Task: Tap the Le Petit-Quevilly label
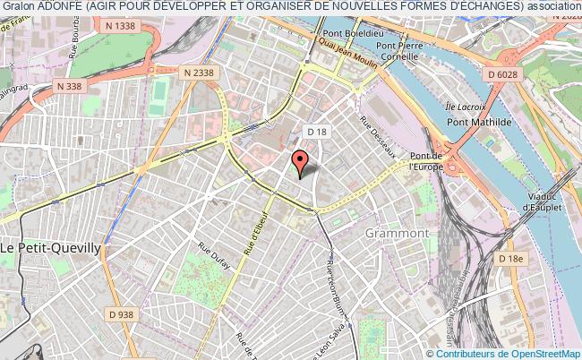[x=44, y=247]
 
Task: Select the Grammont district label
[x=397, y=233]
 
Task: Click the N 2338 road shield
[x=199, y=73]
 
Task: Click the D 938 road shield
[x=122, y=313]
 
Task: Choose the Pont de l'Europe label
[x=426, y=159]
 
